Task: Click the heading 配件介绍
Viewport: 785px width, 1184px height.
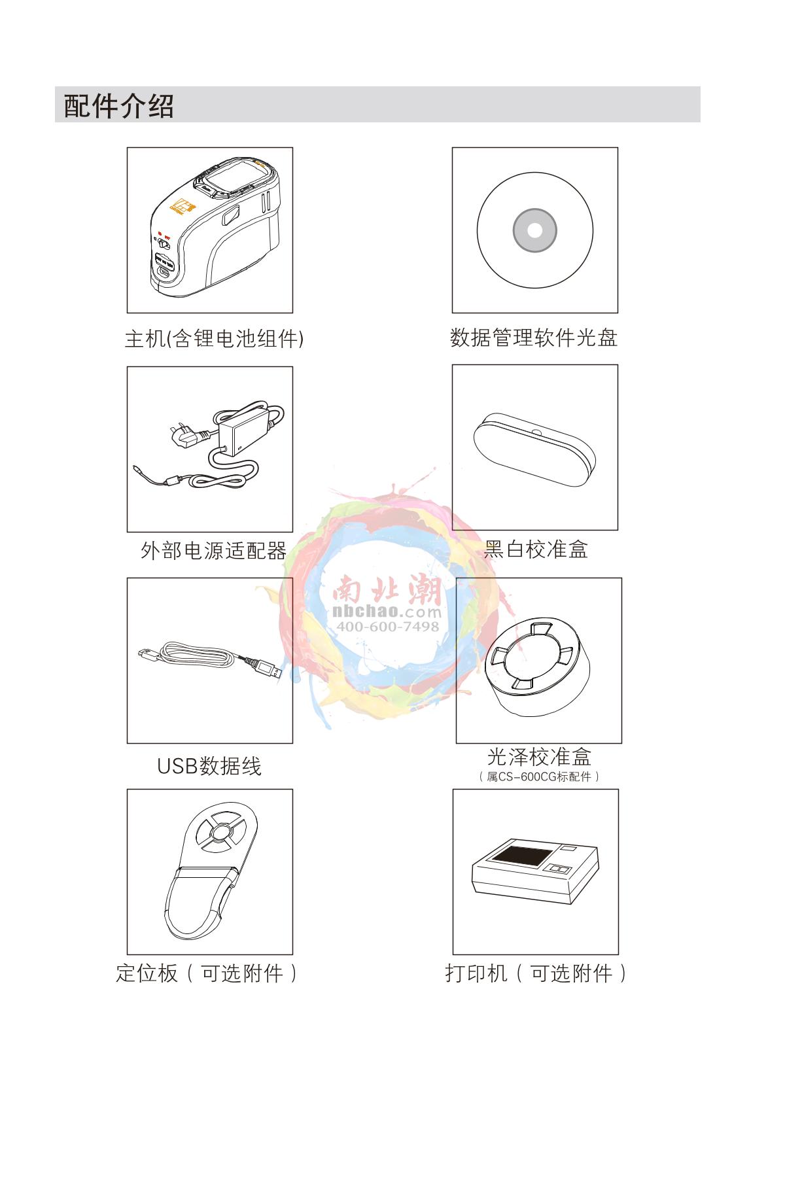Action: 119,106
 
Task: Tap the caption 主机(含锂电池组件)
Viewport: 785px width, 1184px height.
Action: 214,338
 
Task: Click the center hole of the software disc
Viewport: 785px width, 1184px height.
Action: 534,230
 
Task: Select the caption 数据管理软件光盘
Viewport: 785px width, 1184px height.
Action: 534,338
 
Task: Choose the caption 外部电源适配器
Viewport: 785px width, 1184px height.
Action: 214,551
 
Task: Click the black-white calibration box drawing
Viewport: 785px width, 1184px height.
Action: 533,449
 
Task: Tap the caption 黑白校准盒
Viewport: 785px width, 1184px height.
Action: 536,549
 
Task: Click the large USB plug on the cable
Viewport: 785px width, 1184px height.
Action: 265,669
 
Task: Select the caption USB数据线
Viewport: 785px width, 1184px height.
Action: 209,766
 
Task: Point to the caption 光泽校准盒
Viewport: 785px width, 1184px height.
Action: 539,757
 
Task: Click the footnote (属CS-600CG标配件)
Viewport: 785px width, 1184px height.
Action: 539,776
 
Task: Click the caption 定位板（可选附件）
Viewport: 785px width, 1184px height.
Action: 207,973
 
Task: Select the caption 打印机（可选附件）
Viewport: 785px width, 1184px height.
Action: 536,973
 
